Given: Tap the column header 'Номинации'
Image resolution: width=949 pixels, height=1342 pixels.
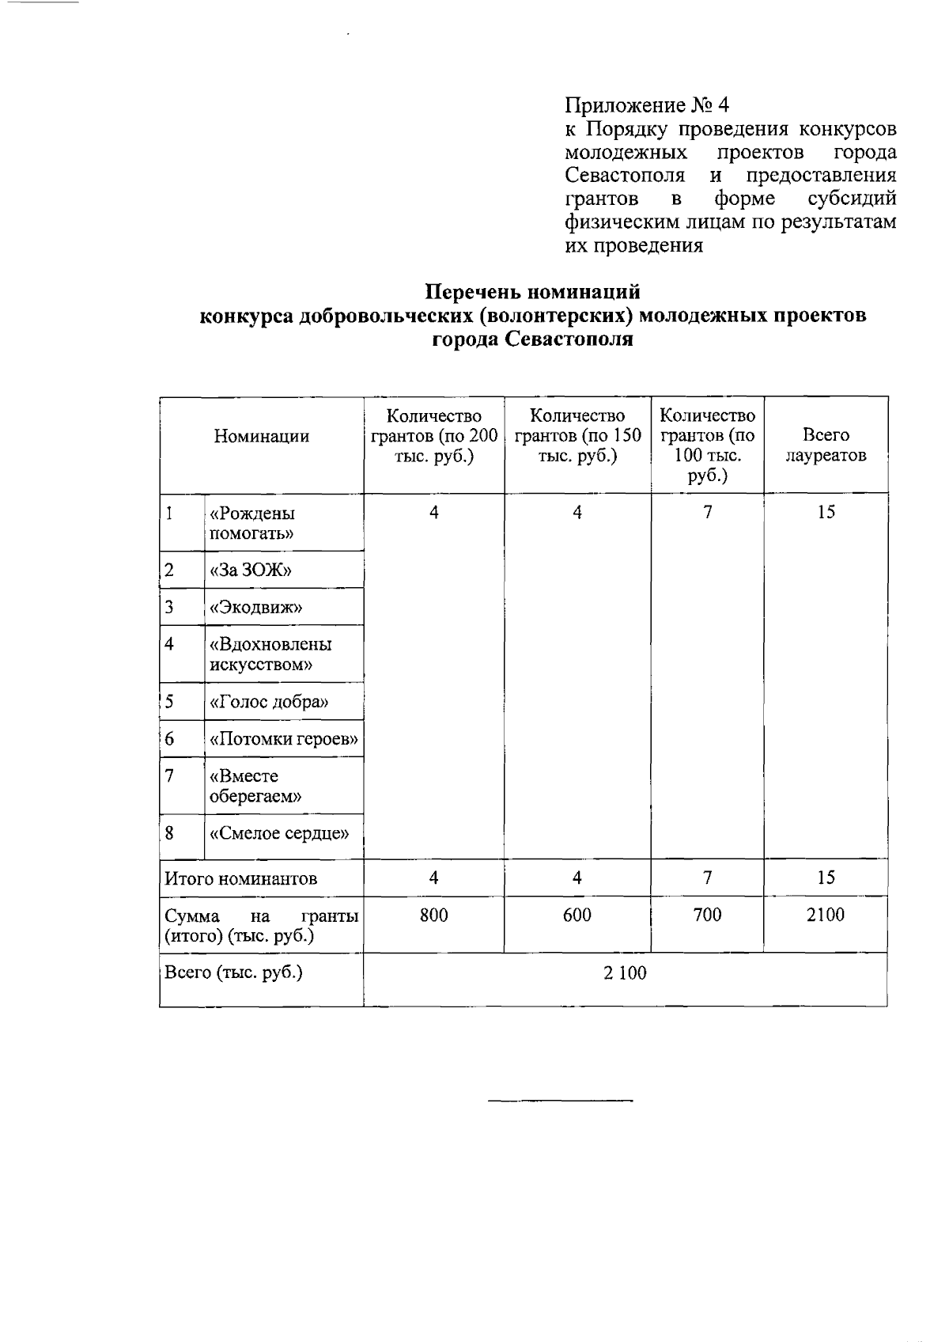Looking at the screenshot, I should (261, 436).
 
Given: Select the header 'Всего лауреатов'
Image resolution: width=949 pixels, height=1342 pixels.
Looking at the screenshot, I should (825, 445).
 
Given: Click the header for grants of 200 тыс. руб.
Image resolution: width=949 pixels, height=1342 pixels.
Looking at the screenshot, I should (433, 436).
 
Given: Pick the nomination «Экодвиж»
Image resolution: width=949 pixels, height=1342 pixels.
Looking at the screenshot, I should (256, 608).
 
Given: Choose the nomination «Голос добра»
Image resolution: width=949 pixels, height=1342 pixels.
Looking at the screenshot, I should (269, 702).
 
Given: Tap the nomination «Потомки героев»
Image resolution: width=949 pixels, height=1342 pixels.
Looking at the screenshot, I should (284, 740).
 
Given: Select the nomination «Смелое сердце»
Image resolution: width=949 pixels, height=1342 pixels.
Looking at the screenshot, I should (279, 833).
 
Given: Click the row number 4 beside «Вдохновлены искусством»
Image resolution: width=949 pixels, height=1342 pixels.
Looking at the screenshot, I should (169, 644).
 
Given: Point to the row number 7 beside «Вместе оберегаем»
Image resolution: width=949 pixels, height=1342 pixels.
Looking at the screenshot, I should (169, 775).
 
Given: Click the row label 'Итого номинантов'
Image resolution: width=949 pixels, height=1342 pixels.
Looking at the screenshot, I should (240, 878).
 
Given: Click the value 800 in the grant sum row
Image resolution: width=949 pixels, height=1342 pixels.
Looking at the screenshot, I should (433, 916).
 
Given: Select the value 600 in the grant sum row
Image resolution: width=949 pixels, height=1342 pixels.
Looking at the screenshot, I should (577, 916).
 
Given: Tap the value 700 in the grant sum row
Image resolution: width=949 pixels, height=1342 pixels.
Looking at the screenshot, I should (707, 916).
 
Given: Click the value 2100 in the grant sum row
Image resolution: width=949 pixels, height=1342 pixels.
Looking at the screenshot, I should (825, 916).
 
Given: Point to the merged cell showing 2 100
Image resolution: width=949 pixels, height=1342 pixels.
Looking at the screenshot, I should (625, 973).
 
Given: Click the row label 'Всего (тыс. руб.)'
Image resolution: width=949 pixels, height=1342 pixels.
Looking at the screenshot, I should (233, 972).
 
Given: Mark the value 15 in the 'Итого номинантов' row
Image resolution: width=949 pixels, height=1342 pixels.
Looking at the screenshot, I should (826, 878).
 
